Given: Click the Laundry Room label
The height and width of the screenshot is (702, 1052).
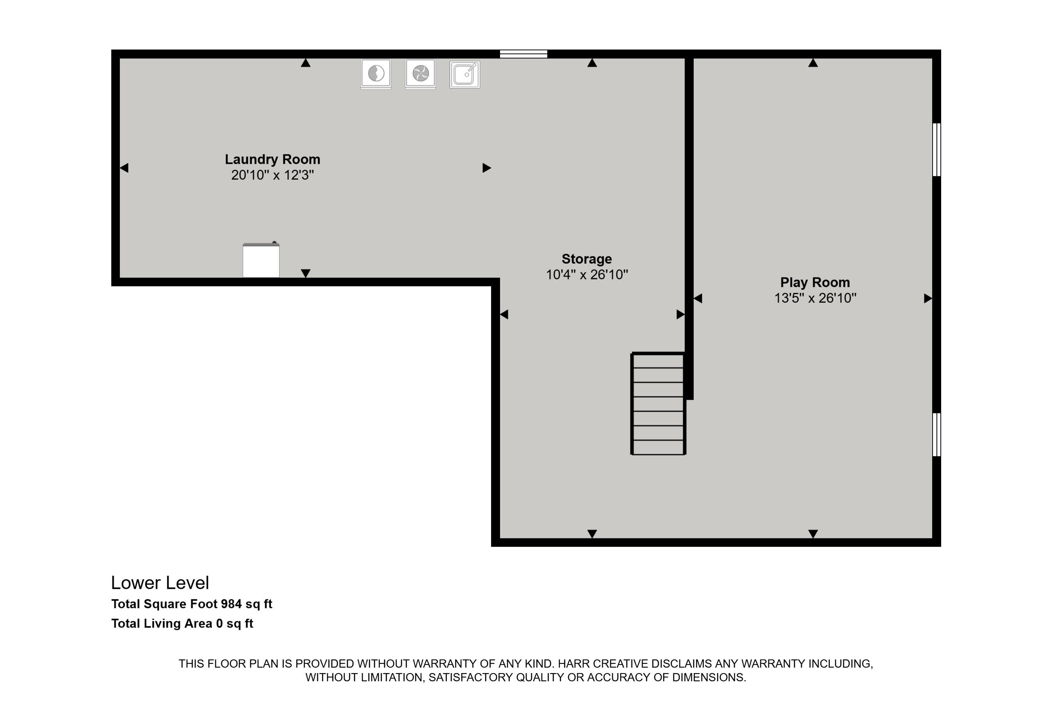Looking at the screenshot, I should click(x=272, y=159).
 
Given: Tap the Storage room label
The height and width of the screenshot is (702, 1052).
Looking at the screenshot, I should click(x=586, y=259).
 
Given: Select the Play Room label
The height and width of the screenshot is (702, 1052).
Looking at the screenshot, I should click(x=815, y=282).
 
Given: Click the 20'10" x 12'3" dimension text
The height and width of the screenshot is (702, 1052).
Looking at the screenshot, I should click(x=272, y=175).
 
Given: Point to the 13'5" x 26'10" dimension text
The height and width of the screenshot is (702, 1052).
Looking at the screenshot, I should click(x=815, y=298).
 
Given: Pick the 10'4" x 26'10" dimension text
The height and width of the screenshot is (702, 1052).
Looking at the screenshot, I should click(x=586, y=275).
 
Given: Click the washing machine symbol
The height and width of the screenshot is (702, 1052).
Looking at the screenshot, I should click(x=376, y=73).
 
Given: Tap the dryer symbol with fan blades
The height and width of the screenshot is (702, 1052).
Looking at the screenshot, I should click(x=420, y=73).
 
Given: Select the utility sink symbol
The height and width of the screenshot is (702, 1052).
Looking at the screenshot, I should click(x=465, y=74).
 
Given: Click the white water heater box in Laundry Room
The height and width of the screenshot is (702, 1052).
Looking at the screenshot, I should click(x=261, y=261).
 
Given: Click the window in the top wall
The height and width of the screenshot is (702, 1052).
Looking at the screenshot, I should click(x=523, y=54).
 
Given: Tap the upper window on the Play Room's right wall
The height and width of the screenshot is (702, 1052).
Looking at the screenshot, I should click(x=936, y=150).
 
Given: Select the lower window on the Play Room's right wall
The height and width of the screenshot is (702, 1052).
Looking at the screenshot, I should click(x=936, y=434).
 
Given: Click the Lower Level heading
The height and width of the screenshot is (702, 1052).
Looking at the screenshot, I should click(x=160, y=583).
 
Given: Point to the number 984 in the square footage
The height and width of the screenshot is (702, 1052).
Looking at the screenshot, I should click(x=231, y=604).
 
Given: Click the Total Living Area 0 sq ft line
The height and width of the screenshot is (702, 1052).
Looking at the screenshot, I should click(x=182, y=623).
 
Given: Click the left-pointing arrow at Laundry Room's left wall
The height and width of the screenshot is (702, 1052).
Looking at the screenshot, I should click(x=125, y=168).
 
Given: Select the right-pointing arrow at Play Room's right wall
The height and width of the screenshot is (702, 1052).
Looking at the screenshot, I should click(x=927, y=298).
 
